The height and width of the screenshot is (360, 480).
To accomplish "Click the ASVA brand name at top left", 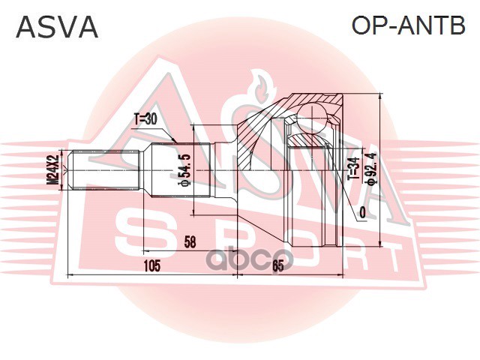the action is [x=57, y=27].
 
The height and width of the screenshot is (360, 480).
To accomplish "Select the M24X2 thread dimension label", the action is [x=52, y=170].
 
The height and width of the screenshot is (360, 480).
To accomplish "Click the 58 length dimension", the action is [x=190, y=241].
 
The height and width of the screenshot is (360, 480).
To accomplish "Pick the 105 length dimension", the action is [x=152, y=265].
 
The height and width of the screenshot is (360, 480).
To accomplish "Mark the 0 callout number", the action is [x=363, y=213].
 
